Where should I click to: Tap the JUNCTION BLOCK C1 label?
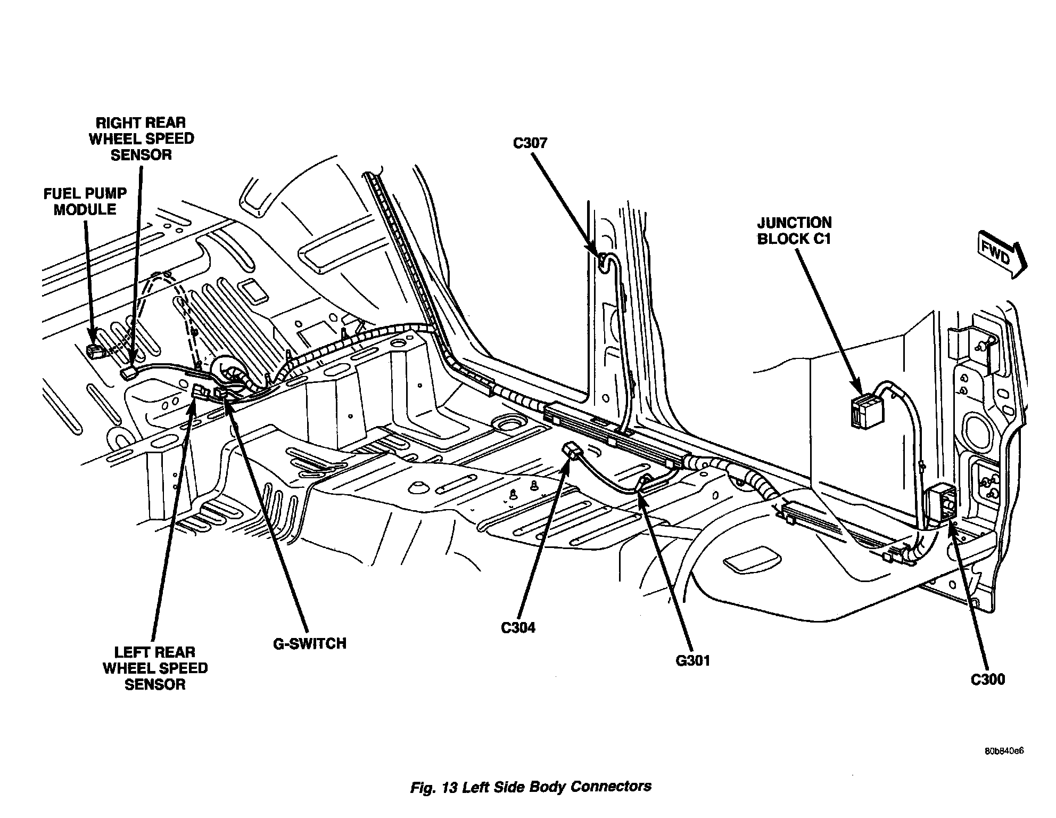[794, 231]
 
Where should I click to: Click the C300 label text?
[987, 680]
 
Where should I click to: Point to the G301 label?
[693, 661]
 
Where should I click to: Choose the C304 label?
[518, 628]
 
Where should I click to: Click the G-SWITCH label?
[310, 643]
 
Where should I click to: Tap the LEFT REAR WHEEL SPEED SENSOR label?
[155, 668]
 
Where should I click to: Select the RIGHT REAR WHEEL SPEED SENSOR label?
[141, 138]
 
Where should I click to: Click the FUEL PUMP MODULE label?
[85, 201]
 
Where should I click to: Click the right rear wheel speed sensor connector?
[129, 372]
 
